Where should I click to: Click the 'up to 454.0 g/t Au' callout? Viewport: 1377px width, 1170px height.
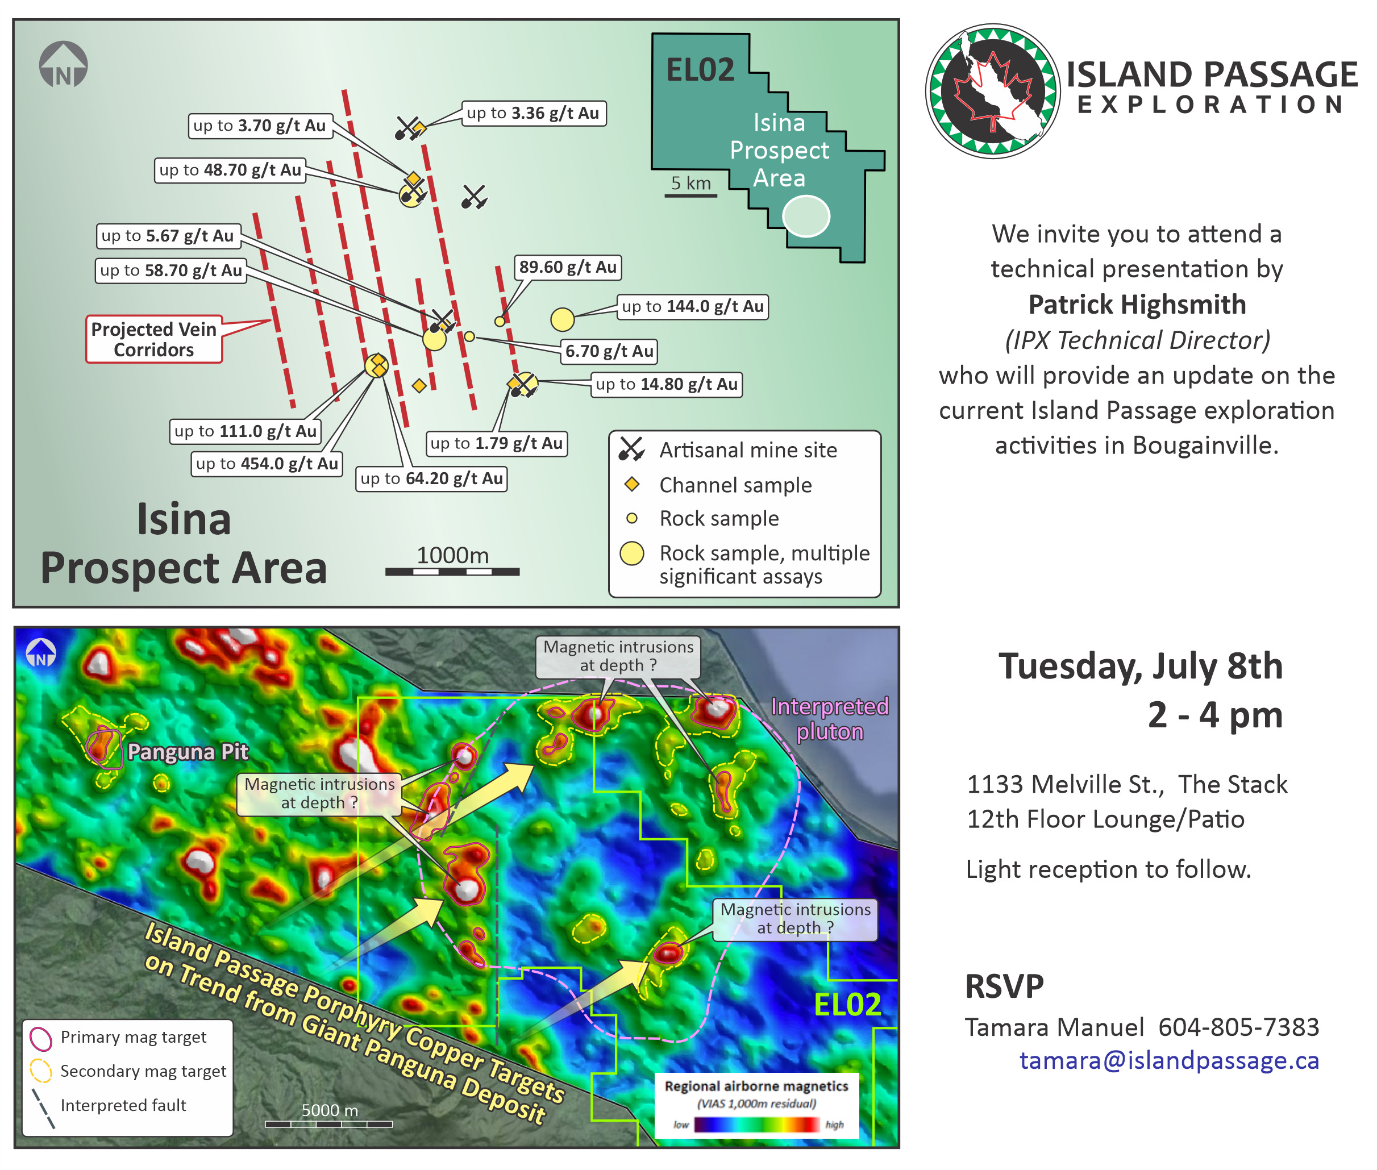[267, 464]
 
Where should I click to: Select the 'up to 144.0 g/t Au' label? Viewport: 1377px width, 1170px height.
[693, 306]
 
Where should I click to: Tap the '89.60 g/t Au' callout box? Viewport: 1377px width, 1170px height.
[568, 267]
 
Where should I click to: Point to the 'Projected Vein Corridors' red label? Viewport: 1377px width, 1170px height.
[154, 339]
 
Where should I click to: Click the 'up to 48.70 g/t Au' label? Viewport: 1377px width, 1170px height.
[230, 170]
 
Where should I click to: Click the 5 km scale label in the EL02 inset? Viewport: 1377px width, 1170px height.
[690, 183]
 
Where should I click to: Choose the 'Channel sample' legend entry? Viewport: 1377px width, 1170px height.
[718, 485]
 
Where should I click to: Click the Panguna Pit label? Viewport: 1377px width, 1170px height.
[188, 751]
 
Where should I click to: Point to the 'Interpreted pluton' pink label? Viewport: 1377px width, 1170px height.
[829, 719]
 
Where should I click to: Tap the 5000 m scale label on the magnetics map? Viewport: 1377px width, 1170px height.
[330, 1110]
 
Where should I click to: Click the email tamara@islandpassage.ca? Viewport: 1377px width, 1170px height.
[1169, 1060]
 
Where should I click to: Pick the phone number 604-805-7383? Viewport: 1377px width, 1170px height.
[1238, 1027]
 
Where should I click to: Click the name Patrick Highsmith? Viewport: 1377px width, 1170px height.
[1137, 305]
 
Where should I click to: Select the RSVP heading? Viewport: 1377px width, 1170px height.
[1004, 986]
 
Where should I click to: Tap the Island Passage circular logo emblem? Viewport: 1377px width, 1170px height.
[993, 91]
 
